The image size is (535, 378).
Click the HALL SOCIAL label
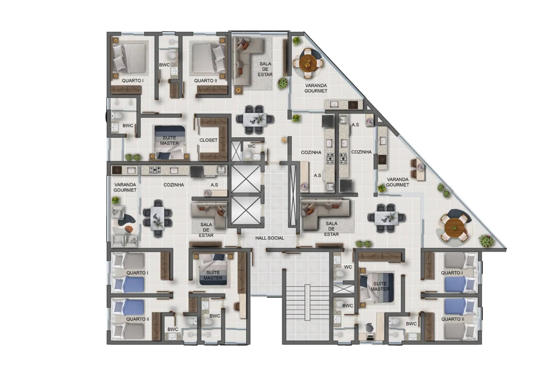pos(270,238)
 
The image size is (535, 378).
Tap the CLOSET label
pos(208,140)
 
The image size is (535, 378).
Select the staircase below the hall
pos(307,302)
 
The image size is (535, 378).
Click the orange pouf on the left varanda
pos(129,229)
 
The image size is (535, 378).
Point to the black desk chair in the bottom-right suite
pos(370,328)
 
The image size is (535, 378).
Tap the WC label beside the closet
pos(251,146)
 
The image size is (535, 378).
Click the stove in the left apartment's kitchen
pos(155,170)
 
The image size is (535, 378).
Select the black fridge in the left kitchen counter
pos(197,172)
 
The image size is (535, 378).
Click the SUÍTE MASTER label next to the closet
pos(169,141)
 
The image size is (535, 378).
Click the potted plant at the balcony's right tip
pos(486,241)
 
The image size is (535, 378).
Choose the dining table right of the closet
pos(255,120)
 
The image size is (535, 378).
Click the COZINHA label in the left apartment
pos(173,185)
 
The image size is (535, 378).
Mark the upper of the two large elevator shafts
pos(246,179)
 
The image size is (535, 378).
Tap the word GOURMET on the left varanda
pos(125,190)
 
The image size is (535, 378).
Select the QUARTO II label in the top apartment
pos(206,81)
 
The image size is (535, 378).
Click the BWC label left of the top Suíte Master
pos(128,125)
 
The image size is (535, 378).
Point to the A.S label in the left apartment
pos(214,185)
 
